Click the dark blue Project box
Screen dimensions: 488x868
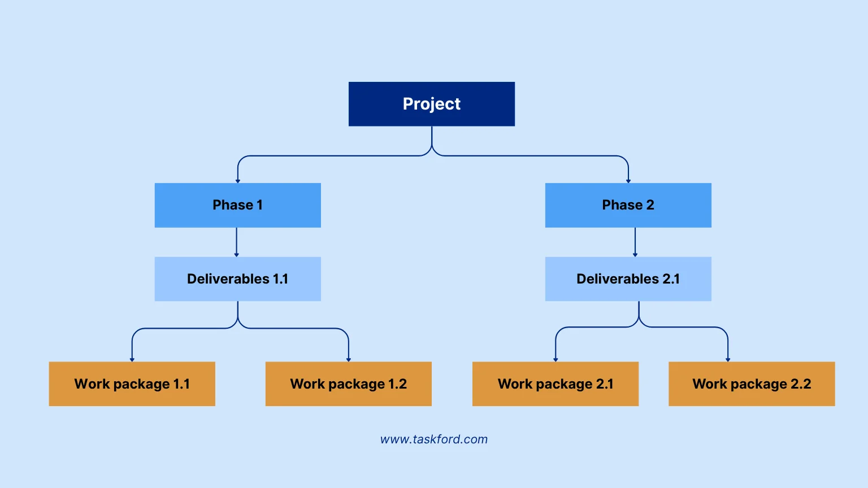432,104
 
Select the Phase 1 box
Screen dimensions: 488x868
238,205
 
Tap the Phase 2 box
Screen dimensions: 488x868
628,205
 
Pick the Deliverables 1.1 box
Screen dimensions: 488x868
238,279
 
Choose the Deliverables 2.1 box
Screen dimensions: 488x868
628,279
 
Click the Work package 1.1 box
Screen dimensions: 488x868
132,384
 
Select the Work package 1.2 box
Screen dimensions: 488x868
349,384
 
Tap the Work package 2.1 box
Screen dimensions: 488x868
555,384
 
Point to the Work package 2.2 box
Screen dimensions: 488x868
752,384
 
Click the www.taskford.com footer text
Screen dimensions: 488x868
434,439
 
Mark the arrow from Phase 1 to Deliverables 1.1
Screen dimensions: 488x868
237,242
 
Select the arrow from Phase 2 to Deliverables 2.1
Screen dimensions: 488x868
635,242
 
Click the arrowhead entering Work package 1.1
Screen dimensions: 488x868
132,359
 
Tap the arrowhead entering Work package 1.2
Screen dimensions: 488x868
349,359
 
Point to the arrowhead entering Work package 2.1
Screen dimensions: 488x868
555,359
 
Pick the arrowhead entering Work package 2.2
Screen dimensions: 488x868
728,359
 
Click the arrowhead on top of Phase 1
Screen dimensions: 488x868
238,181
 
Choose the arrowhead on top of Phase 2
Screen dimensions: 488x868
628,181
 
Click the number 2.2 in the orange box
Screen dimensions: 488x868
801,384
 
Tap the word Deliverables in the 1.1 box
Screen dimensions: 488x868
228,279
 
